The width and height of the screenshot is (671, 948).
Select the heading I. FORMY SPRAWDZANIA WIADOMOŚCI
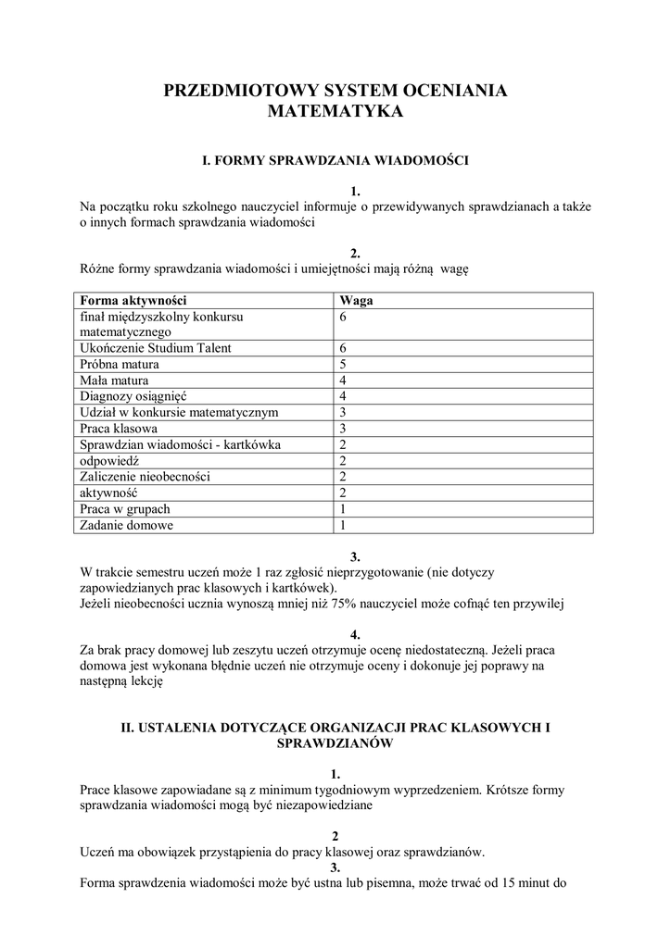tap(335, 161)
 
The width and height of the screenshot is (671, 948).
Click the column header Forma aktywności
tap(134, 301)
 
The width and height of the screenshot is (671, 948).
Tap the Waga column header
tap(357, 301)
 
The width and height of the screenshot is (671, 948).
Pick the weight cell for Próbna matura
tap(344, 365)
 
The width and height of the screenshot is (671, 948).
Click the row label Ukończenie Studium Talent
tap(156, 348)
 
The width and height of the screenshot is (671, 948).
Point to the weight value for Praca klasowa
tap(344, 429)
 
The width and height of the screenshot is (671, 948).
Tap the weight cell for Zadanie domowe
tap(344, 525)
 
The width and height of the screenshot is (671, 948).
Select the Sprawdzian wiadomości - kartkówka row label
tap(180, 444)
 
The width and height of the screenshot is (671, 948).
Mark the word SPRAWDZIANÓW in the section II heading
tap(335, 742)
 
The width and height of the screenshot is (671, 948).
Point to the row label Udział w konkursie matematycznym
tap(180, 413)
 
